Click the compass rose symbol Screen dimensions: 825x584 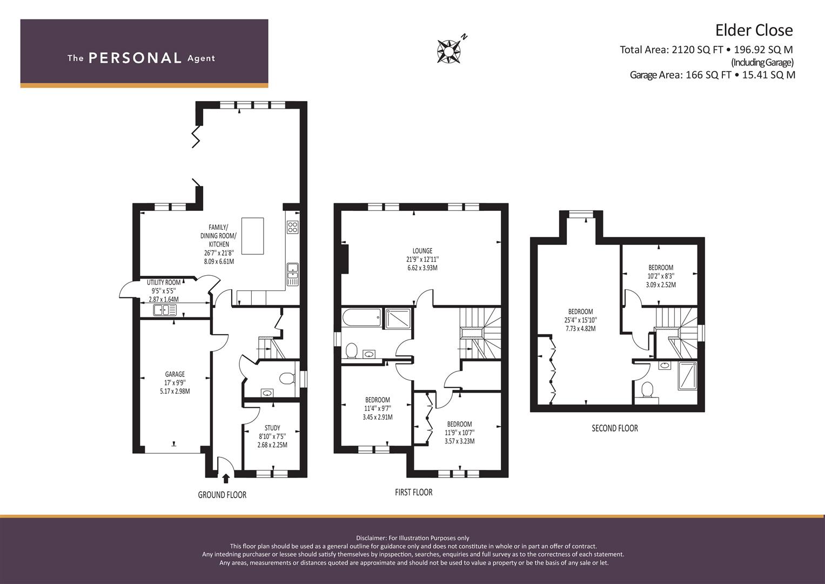449,51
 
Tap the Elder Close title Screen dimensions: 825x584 754,30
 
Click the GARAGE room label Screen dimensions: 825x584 175,374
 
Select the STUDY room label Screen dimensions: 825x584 272,428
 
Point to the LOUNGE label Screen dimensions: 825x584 422,251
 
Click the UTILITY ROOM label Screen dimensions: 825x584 164,282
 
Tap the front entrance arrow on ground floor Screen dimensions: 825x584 226,478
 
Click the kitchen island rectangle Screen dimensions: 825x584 253,236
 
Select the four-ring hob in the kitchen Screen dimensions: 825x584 293,227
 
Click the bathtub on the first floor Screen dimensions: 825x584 361,317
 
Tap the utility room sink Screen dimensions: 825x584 165,310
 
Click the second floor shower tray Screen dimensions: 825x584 688,376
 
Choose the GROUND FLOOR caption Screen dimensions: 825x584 222,495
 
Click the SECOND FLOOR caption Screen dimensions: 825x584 615,428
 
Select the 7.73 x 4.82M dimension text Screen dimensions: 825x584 581,329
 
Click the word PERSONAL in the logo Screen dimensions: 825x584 135,58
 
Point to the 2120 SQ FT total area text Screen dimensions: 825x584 697,49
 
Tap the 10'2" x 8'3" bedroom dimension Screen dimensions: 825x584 661,276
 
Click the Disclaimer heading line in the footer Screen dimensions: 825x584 413,538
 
